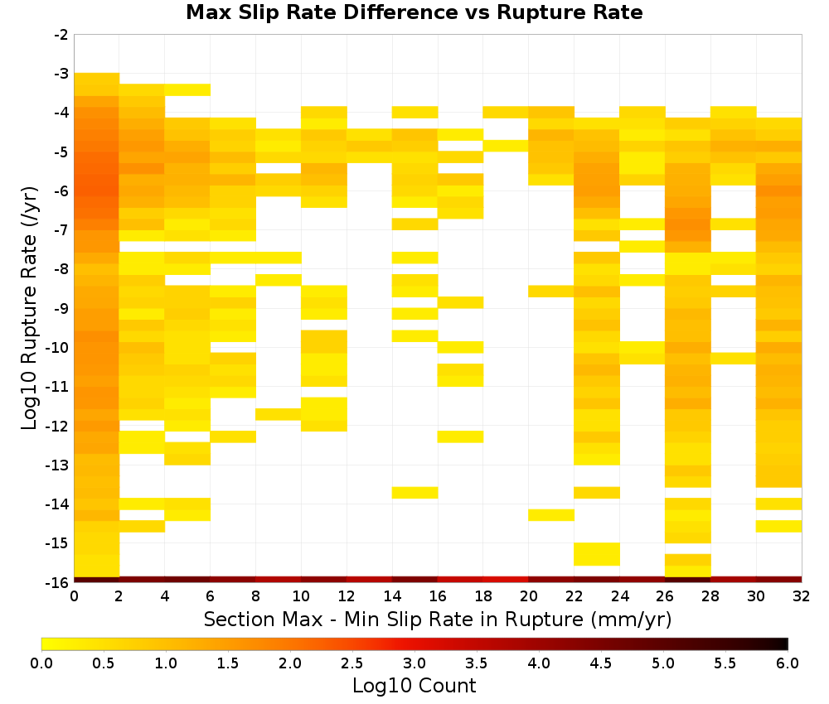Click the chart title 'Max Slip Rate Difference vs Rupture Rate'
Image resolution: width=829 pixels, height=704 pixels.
(414, 12)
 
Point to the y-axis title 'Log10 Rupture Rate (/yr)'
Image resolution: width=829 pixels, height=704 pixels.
(30, 308)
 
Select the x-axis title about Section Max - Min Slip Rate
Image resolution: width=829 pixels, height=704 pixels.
(438, 619)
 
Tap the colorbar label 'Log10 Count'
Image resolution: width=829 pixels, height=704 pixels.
(414, 686)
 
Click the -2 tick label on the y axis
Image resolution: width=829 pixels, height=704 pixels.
(61, 35)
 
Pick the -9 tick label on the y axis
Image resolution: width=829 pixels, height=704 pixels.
(61, 308)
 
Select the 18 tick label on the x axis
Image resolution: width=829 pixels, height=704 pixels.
(483, 596)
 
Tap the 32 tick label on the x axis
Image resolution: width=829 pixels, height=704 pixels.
(802, 596)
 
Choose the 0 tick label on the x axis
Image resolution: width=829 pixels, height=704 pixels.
(74, 596)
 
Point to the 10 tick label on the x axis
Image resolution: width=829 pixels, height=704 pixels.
(302, 596)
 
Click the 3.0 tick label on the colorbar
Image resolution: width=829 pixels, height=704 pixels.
(414, 663)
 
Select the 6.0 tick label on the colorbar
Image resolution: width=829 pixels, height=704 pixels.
(788, 663)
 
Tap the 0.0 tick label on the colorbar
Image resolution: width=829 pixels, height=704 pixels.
(41, 663)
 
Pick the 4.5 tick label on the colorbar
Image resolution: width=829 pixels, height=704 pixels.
(601, 663)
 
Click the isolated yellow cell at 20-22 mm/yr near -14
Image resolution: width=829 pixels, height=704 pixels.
(551, 515)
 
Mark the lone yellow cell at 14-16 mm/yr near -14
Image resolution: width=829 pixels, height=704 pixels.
(415, 492)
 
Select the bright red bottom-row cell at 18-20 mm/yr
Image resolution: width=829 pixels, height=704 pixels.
(506, 580)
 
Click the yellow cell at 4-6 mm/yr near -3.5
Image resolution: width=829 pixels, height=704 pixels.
(187, 89)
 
